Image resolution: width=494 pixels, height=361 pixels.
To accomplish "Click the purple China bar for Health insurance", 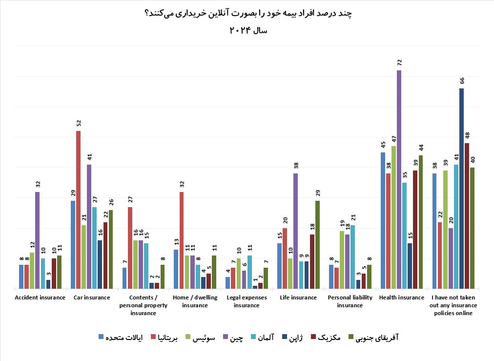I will (x=399, y=180).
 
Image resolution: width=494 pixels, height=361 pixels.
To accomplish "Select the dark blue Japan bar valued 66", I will (x=461, y=189).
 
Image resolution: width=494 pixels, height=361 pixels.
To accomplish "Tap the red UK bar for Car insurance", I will (x=78, y=210).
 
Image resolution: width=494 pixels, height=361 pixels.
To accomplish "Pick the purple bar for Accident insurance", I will (x=38, y=240).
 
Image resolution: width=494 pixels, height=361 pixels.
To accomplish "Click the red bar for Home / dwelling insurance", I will (x=182, y=240).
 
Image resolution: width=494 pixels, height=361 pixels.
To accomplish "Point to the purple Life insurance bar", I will (x=296, y=231).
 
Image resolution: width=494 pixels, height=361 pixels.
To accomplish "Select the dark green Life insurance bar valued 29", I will (x=317, y=245).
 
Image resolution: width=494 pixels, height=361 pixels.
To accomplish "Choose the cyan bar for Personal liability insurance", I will (x=352, y=257).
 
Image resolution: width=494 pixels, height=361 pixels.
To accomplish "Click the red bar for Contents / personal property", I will (x=130, y=248).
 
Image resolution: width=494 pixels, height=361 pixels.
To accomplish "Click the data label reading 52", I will (x=78, y=123).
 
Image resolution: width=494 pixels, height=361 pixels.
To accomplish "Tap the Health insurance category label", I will (x=401, y=297).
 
